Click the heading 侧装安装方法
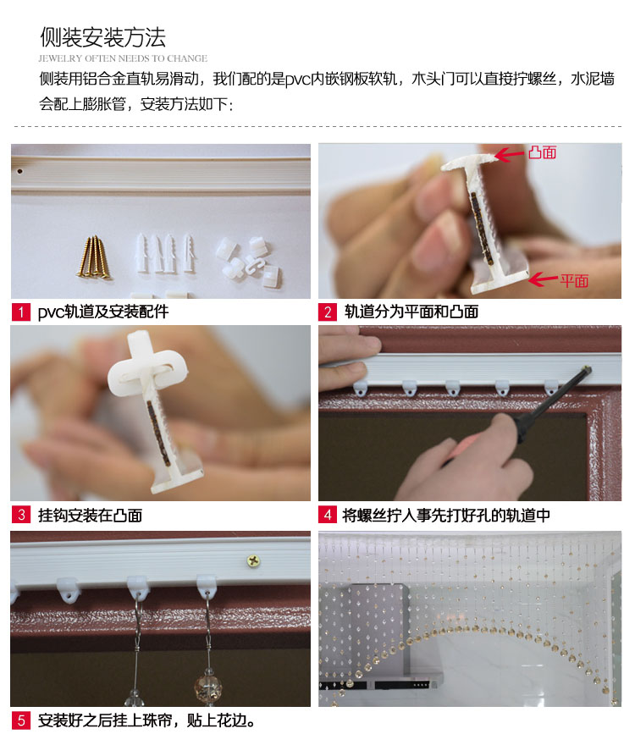pyautogui.click(x=102, y=37)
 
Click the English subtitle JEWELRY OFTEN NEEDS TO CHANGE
pyautogui.click(x=123, y=58)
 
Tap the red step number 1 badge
pyautogui.click(x=20, y=312)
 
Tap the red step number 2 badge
pyautogui.click(x=328, y=312)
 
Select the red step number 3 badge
pyautogui.click(x=20, y=515)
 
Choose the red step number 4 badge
pyautogui.click(x=328, y=515)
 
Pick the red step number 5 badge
pyautogui.click(x=20, y=720)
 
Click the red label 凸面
pyautogui.click(x=542, y=152)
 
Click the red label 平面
pyautogui.click(x=574, y=281)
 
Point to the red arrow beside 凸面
pyautogui.click(x=510, y=154)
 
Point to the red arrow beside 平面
pyautogui.click(x=544, y=280)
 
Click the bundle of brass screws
pyautogui.click(x=95, y=257)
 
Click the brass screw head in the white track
pyautogui.click(x=253, y=560)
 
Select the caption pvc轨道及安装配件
pyautogui.click(x=103, y=312)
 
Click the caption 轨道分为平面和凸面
pyautogui.click(x=411, y=312)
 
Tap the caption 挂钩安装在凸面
pyautogui.click(x=90, y=516)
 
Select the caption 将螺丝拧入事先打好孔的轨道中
pyautogui.click(x=446, y=516)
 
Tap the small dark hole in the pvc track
pyautogui.click(x=19, y=171)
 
